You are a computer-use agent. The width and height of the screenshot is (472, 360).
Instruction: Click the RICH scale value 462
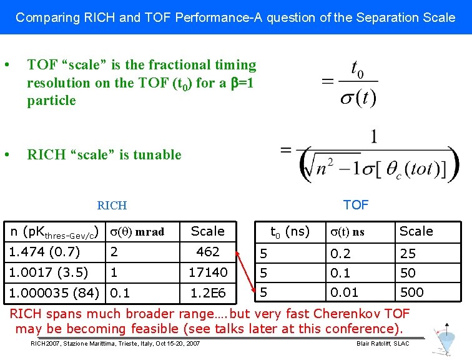208,252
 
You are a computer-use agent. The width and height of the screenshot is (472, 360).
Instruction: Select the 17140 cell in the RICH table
208,272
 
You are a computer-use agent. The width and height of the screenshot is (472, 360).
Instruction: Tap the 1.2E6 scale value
208,292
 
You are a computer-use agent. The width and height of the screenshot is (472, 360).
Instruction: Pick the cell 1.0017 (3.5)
47,272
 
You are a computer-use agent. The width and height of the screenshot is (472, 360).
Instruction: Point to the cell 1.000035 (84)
54,292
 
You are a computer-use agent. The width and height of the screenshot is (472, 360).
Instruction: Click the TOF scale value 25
408,254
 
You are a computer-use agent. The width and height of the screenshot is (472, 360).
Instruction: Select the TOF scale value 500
411,292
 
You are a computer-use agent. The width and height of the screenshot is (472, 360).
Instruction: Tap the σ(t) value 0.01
344,292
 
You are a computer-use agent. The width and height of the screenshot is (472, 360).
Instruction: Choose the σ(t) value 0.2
341,254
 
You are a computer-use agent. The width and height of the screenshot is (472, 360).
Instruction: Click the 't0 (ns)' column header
289,231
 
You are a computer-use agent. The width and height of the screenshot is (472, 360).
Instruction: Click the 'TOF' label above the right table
356,204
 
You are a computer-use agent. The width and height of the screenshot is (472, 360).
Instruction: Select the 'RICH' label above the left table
112,205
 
